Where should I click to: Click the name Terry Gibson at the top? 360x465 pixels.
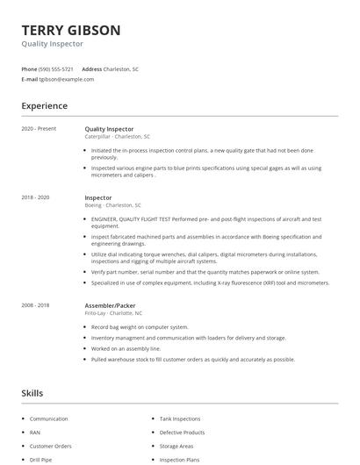(x=71, y=30)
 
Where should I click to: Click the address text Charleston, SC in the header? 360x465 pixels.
(x=121, y=68)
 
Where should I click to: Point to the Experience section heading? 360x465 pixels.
(x=44, y=106)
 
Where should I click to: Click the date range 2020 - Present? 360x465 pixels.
(x=39, y=129)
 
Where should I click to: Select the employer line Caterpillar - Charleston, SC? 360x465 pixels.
(x=117, y=137)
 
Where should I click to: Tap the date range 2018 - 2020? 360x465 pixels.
(x=35, y=198)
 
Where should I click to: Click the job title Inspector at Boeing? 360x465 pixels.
(x=98, y=198)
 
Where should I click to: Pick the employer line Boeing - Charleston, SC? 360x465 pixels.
(x=112, y=205)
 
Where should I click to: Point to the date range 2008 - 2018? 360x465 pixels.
(x=35, y=305)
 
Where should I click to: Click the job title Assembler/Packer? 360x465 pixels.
(x=110, y=305)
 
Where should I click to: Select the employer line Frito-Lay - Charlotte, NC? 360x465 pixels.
(x=114, y=312)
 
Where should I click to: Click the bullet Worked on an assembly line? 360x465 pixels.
(x=126, y=349)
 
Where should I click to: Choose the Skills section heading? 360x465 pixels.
(x=32, y=393)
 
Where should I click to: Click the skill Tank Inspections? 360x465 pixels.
(x=180, y=419)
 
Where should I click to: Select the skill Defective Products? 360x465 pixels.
(x=182, y=433)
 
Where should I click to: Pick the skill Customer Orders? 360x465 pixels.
(x=51, y=446)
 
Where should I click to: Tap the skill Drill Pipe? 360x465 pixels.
(x=41, y=459)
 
